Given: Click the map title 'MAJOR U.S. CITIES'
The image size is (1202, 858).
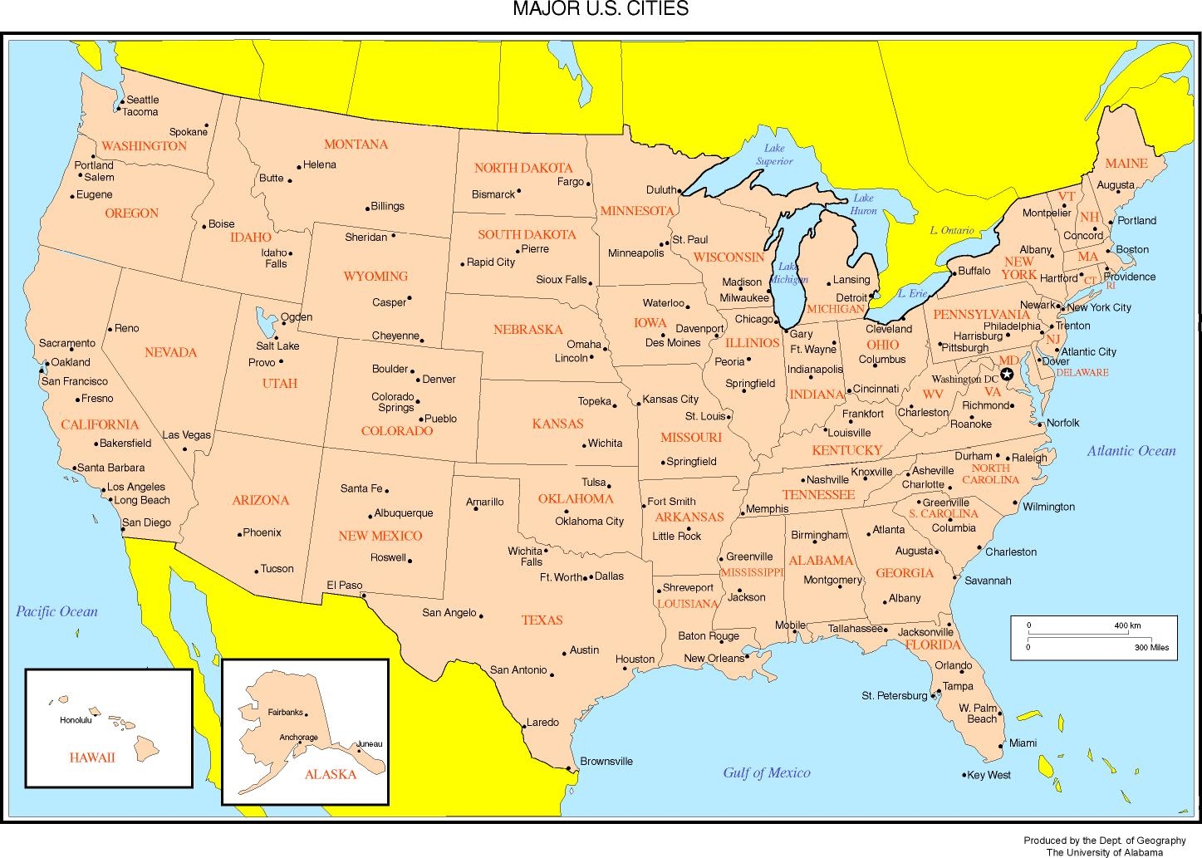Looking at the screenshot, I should tap(600, 9).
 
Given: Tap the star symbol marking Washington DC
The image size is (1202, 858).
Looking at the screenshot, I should tap(1007, 375).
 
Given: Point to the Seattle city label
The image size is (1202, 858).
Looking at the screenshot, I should tap(142, 100).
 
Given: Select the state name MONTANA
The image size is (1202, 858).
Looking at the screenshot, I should tap(356, 145).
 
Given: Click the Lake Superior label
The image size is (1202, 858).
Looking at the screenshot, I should tap(774, 154).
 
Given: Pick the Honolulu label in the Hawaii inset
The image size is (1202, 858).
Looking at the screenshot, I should tap(76, 720).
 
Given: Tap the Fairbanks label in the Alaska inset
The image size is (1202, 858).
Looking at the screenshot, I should tap(286, 713).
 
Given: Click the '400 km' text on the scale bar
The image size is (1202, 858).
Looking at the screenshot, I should tap(1127, 625).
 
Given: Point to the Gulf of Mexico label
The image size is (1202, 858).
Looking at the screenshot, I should tap(766, 773).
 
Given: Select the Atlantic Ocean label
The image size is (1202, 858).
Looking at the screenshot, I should tap(1131, 451).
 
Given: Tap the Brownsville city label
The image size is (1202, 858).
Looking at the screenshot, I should tap(606, 761).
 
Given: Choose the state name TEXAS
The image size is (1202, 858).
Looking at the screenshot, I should tap(542, 620).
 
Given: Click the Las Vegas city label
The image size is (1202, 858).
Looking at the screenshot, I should tap(186, 435).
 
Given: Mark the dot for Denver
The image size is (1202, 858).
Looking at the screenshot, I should tap(417, 379).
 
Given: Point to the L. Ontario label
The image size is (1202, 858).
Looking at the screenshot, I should tap(952, 230).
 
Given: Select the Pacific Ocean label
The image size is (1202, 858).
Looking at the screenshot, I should tap(56, 612).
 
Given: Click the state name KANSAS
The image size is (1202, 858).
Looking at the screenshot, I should tap(557, 424).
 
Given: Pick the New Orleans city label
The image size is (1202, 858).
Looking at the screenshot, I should tap(714, 659).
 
